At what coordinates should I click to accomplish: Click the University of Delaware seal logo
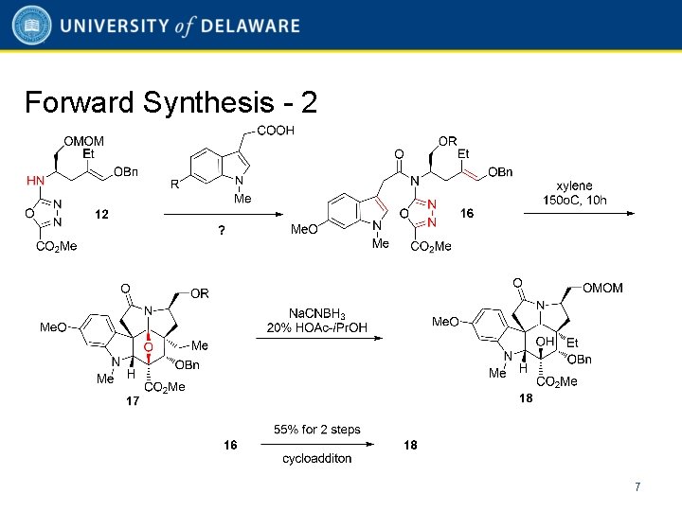pos(32,26)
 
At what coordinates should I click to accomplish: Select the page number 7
pos(637,486)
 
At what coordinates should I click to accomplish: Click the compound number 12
pos(101,215)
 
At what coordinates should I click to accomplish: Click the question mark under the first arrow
pos(222,231)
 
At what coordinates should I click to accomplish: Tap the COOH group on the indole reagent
pos(277,131)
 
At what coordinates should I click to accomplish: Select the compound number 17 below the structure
pos(134,401)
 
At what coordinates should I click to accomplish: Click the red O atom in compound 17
pos(148,347)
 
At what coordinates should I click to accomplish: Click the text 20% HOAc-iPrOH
pos(316,328)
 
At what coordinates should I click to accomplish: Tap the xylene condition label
pos(575,186)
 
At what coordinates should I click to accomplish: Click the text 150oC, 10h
pos(575,201)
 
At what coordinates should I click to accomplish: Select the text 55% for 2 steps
pos(317,430)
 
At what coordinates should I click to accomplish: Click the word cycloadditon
pos(317,459)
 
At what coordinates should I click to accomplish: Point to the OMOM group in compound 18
pos(603,288)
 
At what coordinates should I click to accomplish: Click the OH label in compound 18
pos(544,341)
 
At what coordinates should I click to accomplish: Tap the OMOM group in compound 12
pos(84,141)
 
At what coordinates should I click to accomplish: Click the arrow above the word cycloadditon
pos(317,445)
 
